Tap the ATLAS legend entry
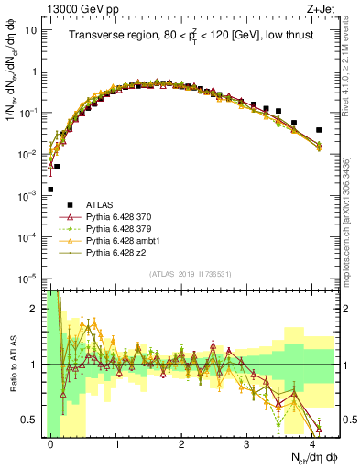tap(100, 204)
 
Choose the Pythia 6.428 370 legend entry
tap(123, 217)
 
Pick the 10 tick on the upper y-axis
tap(30, 29)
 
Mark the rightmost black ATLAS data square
tap(319, 130)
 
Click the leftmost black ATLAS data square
tap(50, 190)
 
